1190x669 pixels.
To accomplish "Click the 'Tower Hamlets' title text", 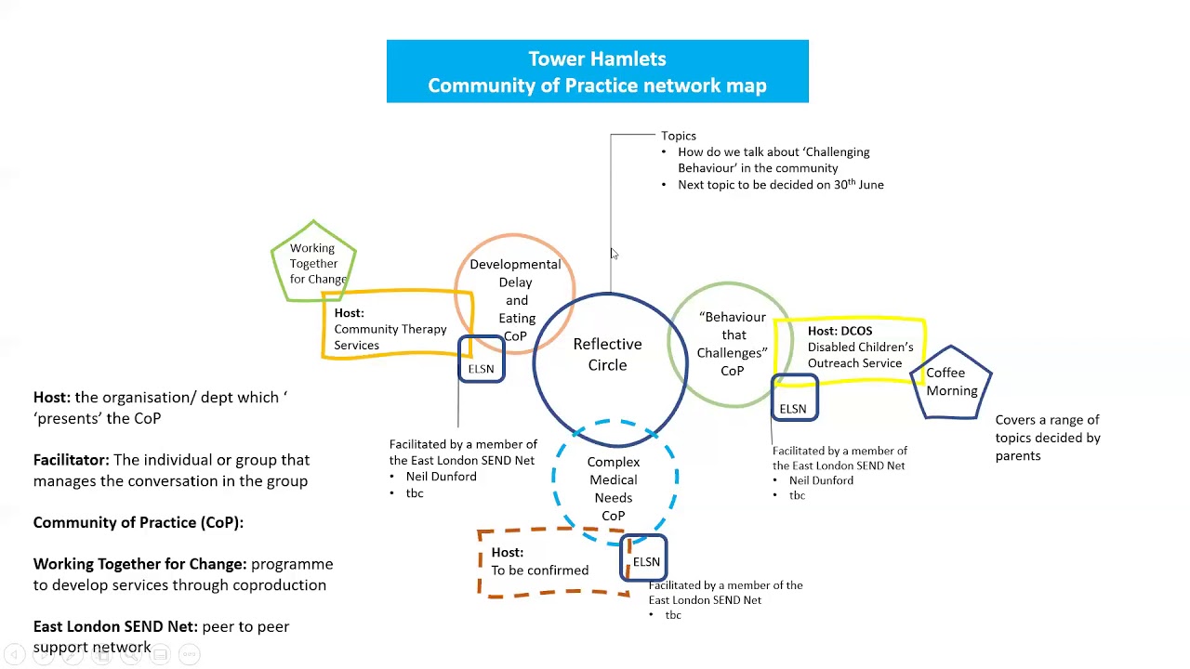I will [x=597, y=59].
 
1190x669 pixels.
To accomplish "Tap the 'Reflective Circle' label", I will [x=607, y=355].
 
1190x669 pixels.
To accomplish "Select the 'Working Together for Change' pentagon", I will [x=314, y=263].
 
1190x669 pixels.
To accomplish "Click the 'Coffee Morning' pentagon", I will [x=951, y=382].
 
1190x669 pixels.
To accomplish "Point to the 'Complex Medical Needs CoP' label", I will [x=614, y=489].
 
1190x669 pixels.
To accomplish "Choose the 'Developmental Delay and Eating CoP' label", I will [x=515, y=299].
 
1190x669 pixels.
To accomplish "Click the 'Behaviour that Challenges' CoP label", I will [x=733, y=344].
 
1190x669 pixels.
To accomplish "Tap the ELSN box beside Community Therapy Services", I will [x=482, y=369].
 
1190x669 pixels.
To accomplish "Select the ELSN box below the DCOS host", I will [x=793, y=409].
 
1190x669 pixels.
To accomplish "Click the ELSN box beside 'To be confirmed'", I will [x=645, y=562].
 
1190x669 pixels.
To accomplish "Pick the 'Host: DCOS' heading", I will [x=840, y=331].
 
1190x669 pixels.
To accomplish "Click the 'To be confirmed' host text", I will [x=539, y=571].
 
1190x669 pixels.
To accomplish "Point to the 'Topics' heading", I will [x=679, y=136].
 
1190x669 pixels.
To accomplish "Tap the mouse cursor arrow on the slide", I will [x=614, y=254].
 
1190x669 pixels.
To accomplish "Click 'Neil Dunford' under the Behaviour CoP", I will [x=821, y=480].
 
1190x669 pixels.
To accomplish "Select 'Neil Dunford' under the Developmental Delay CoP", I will [x=441, y=477].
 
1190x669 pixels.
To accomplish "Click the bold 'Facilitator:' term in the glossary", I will [x=72, y=460].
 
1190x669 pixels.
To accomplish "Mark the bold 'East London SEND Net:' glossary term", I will [x=115, y=627].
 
